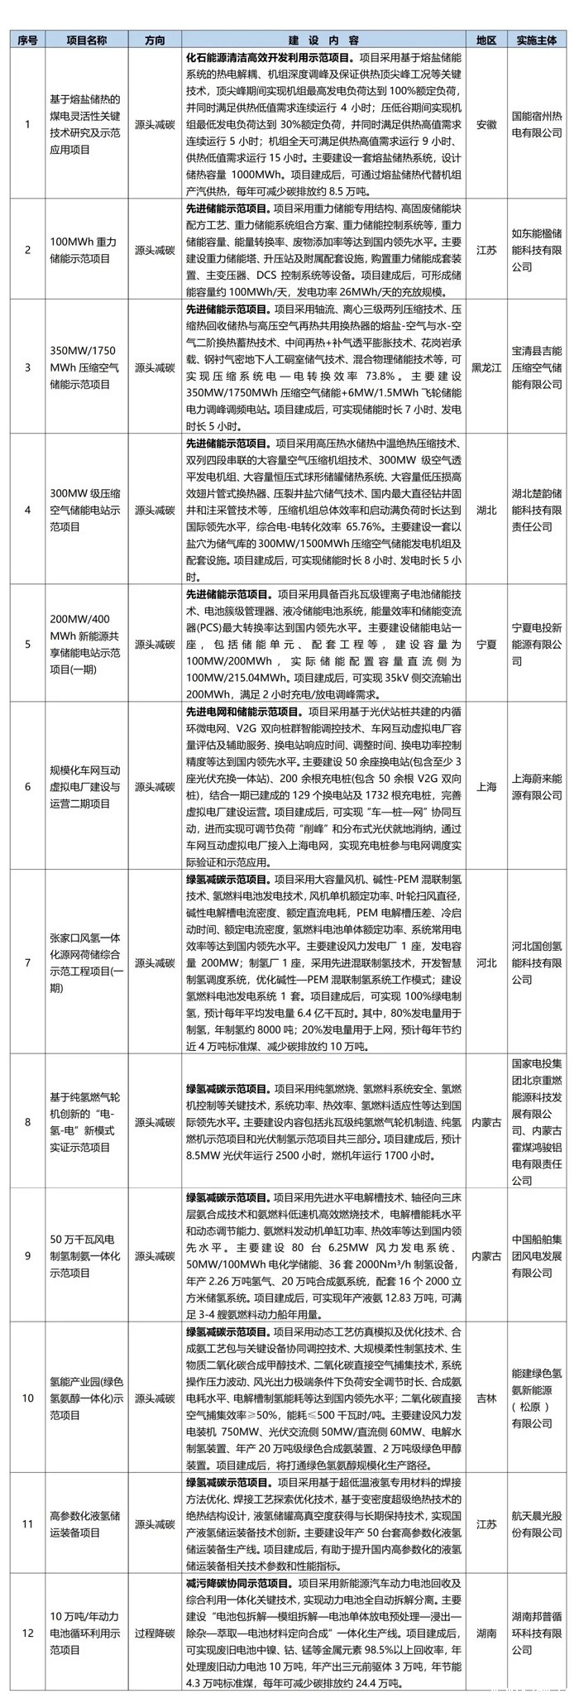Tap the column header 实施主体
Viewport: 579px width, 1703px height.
[537, 40]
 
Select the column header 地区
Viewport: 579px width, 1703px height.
[486, 40]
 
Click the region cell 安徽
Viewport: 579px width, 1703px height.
[486, 124]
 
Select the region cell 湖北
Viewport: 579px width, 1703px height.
[486, 510]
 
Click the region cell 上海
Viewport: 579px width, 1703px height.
[486, 786]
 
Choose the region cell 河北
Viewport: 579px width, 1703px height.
[486, 962]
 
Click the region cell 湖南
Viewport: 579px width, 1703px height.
[486, 1633]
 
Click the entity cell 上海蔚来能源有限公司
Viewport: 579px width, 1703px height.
[537, 786]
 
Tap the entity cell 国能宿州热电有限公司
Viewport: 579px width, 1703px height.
[537, 124]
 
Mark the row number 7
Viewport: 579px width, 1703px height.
[27, 962]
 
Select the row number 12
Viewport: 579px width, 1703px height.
[27, 1633]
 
